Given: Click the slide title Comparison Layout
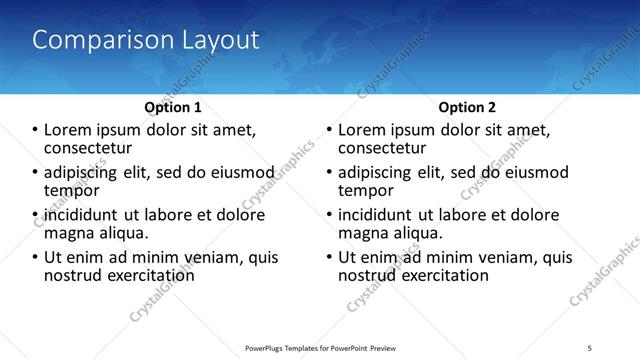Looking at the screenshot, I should click(146, 40).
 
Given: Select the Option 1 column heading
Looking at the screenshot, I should click(173, 106).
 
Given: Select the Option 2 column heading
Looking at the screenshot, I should click(467, 106).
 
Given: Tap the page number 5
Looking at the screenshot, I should click(589, 347).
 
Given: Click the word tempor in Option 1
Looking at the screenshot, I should click(72, 189).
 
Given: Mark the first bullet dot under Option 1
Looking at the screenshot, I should click(35, 130).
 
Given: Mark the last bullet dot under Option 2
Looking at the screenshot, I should click(329, 258).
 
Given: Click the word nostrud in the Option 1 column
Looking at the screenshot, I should click(74, 274).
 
